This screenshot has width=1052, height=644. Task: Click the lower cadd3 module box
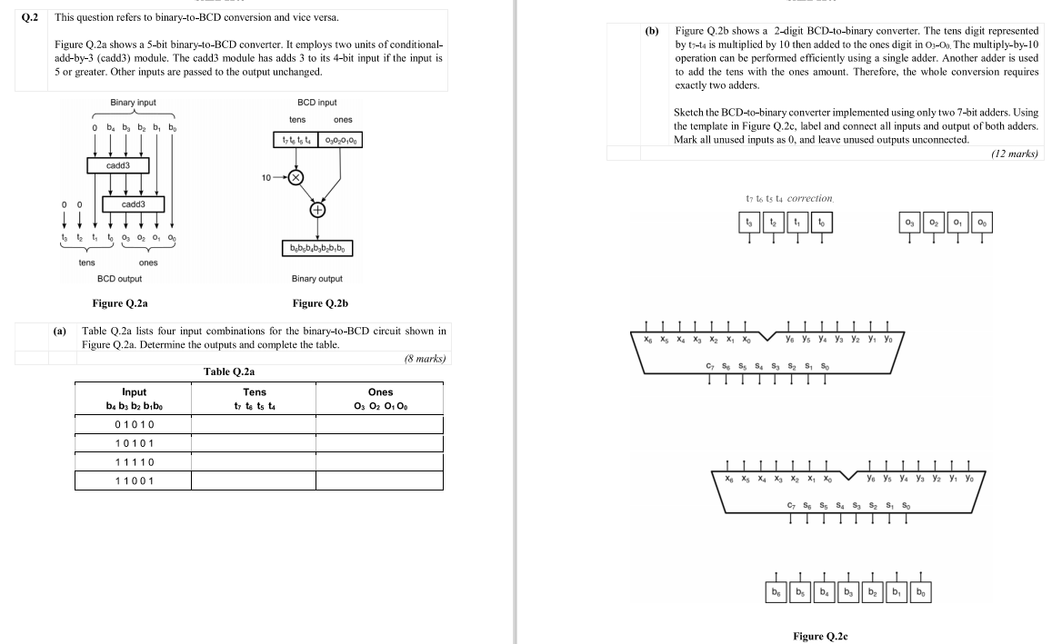pos(135,204)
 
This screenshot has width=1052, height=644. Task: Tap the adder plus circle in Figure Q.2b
pos(318,210)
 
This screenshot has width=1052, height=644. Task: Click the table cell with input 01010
pos(134,425)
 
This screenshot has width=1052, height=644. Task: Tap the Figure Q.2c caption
pos(821,637)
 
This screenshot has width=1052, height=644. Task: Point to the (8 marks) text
pos(424,359)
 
